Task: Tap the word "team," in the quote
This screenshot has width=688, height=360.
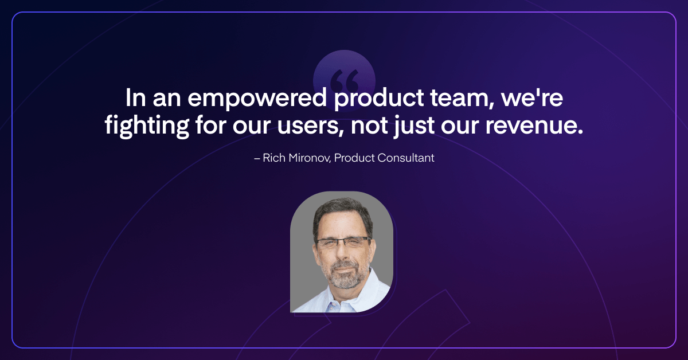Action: (462, 98)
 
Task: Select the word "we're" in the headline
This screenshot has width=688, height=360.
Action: (532, 97)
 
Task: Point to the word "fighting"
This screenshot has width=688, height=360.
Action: (147, 126)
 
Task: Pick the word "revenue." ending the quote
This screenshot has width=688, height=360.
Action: (534, 126)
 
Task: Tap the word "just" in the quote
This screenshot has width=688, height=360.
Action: (414, 126)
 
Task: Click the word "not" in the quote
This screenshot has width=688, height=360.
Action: (369, 126)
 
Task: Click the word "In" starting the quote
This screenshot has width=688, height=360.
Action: (135, 97)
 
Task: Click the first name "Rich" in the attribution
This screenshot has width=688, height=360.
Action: (274, 158)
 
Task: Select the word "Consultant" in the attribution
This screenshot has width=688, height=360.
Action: (406, 158)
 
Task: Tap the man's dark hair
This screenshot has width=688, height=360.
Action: (342, 212)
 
